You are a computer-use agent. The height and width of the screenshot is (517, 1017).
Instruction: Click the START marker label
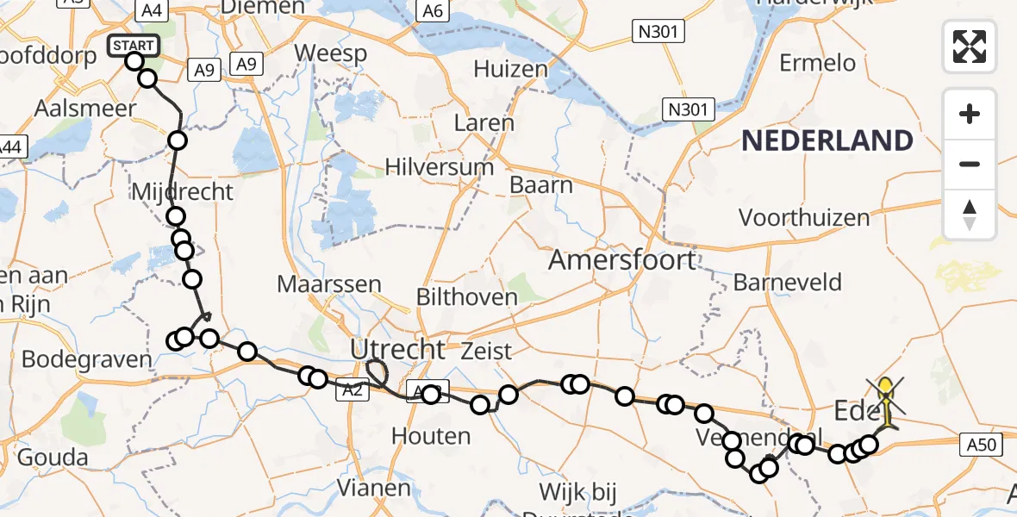(x=134, y=45)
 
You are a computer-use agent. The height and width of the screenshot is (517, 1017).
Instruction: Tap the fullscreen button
(x=970, y=46)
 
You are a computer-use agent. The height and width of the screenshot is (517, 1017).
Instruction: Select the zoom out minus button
(x=970, y=164)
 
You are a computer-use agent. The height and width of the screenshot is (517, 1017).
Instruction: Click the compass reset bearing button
(x=970, y=215)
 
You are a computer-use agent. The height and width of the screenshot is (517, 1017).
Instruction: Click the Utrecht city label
(x=397, y=349)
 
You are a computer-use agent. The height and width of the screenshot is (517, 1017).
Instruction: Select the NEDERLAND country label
(x=827, y=140)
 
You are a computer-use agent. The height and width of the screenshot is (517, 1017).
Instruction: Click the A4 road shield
(x=152, y=10)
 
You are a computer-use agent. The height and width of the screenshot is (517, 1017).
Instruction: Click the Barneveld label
(x=787, y=282)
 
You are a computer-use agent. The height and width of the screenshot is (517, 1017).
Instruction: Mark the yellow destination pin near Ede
(x=886, y=390)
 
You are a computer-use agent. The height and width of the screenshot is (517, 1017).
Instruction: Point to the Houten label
(x=431, y=436)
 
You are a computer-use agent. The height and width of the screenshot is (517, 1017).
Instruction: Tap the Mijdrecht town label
(x=182, y=191)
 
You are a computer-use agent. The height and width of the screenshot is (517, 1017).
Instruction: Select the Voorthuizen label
(x=804, y=217)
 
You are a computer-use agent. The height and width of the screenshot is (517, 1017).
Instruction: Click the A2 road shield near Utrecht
(x=353, y=390)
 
